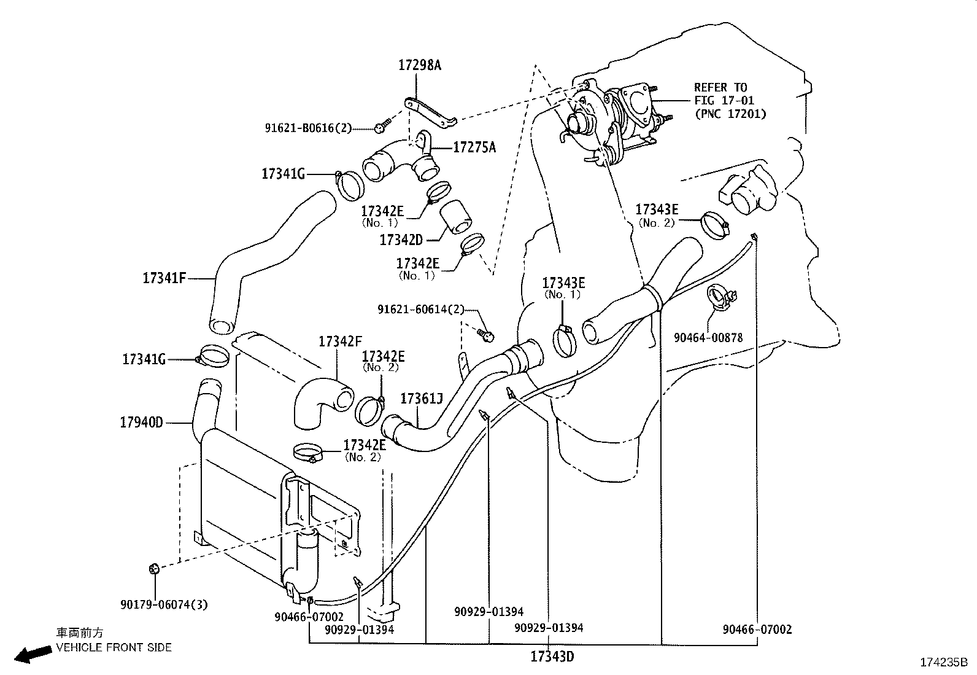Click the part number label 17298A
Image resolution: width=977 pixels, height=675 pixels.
(420, 65)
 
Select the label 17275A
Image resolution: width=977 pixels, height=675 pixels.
(474, 147)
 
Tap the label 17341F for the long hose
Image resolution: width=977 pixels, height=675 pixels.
(164, 278)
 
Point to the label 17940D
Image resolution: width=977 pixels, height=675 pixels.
(141, 423)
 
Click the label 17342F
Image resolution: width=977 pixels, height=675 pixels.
(341, 341)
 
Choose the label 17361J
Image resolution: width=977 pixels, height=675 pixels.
(422, 399)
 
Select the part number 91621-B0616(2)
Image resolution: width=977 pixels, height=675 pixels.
(309, 128)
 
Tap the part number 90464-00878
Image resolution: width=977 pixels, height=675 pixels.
(708, 337)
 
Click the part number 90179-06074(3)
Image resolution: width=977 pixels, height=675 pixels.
(164, 604)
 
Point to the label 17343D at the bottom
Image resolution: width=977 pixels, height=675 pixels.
(552, 657)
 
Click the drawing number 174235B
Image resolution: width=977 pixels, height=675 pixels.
(943, 663)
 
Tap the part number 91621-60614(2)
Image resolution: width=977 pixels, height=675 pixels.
(421, 310)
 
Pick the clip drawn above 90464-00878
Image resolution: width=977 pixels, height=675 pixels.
(720, 296)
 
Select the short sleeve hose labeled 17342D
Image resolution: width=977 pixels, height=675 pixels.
(455, 218)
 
